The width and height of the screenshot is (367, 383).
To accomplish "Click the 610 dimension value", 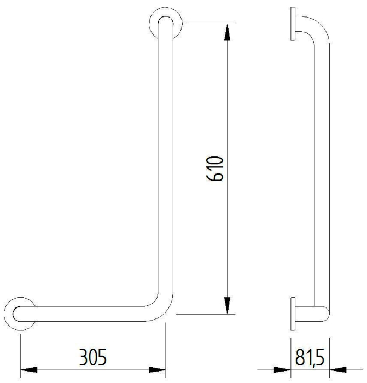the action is coord(215,169).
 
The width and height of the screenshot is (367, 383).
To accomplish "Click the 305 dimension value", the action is coord(93,357).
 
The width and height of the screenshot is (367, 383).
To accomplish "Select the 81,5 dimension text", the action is coord(310,357).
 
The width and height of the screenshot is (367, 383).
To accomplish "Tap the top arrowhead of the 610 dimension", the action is coord(228,32).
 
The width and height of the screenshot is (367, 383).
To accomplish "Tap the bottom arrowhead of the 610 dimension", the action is coord(228,305).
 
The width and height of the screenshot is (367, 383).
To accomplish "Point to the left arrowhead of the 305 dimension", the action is coord(29,369).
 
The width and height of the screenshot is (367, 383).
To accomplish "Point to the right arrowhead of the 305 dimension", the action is coord(157,369).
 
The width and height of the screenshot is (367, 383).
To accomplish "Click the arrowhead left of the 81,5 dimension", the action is coord(282,369).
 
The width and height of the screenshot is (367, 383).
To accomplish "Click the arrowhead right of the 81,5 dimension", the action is coord(338,369).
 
